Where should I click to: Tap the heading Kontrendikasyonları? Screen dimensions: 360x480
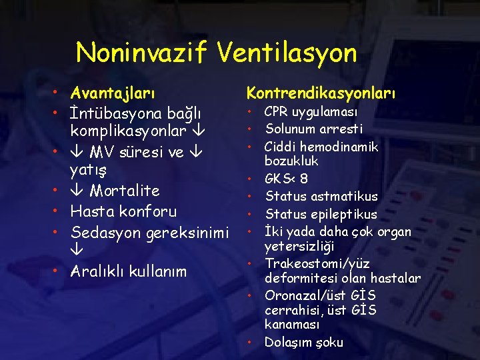pos(321,91)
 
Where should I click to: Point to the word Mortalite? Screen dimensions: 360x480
pos(125,191)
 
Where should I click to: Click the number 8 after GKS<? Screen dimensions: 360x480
pos(304,179)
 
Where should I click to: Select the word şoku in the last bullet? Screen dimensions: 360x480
pos(328,343)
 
